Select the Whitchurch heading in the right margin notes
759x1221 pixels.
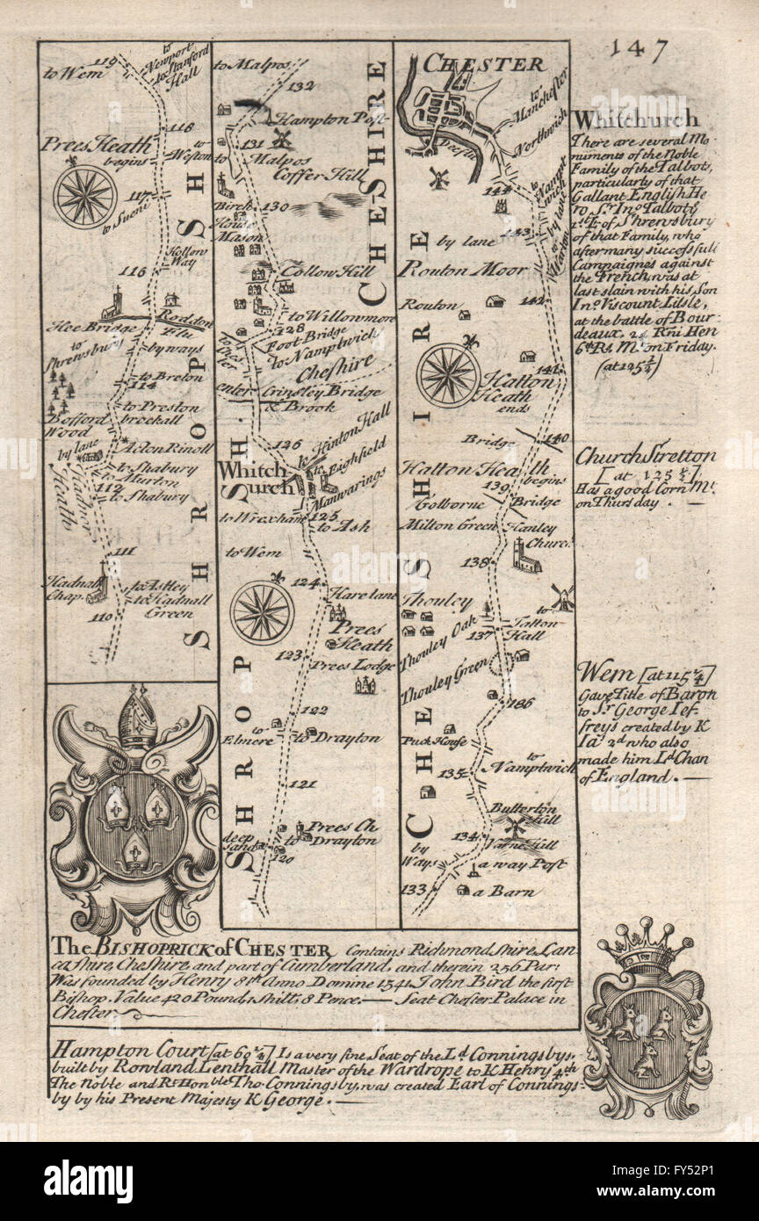(x=635, y=119)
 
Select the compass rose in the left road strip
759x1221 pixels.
(x=85, y=196)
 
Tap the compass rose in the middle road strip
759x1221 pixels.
(x=261, y=611)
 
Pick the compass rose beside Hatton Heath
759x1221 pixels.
(x=448, y=374)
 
